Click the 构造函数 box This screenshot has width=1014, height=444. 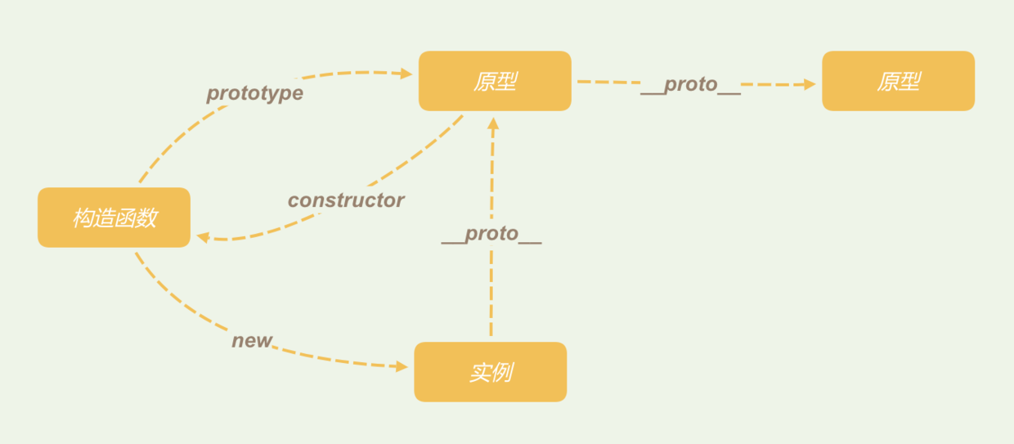(114, 218)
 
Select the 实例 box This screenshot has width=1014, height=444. (490, 372)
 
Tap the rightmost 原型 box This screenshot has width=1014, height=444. (898, 81)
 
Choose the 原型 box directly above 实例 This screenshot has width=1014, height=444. (495, 81)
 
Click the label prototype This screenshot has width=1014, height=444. (254, 93)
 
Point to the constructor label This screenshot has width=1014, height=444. (346, 200)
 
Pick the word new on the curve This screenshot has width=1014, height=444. (252, 341)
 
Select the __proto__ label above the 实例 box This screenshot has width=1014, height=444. (491, 235)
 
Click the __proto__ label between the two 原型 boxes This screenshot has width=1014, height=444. (690, 84)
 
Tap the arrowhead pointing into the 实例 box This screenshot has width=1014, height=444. (402, 367)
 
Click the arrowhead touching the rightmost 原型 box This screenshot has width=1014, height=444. (810, 83)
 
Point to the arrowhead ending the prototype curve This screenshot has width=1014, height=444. (406, 74)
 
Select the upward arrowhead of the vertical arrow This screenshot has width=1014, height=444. (492, 124)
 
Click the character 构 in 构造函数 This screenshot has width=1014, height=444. (83, 218)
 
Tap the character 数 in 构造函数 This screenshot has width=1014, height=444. (146, 218)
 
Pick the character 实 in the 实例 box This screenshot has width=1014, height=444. (479, 373)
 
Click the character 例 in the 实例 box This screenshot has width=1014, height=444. (501, 373)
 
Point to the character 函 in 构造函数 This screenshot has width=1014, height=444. (125, 218)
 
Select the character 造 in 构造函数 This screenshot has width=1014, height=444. (104, 218)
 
